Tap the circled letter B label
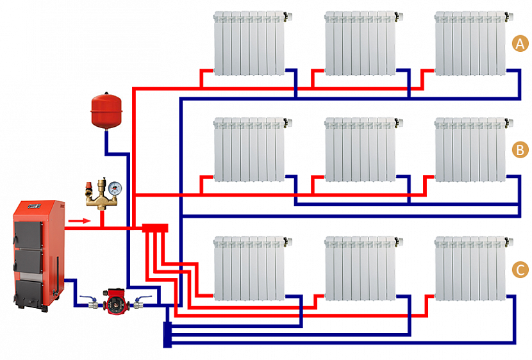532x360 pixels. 520,150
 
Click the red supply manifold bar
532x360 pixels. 154,227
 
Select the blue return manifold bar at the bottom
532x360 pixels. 167,333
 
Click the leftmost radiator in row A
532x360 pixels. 249,42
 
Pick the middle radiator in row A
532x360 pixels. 360,42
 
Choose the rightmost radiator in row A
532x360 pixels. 470,42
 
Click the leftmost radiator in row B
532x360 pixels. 249,148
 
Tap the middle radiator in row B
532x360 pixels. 360,148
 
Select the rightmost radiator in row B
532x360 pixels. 470,148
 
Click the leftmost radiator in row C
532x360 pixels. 249,268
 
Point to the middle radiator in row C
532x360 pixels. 360,268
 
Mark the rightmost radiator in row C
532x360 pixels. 470,268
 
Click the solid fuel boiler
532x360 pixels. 38,253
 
